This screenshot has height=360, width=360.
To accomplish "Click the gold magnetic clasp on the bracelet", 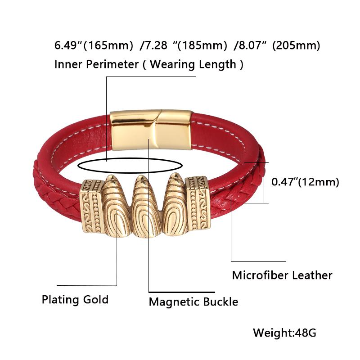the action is (152, 130).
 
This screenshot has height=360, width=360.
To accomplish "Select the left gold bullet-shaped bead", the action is (116, 206).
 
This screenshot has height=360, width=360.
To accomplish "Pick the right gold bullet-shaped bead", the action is (175, 204).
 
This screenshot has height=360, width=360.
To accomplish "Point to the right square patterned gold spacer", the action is (198, 203).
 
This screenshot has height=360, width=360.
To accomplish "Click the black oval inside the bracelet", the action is (130, 165).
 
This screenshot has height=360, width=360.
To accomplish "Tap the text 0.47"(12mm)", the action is (305, 182).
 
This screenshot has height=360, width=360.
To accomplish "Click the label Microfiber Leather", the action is (282, 275).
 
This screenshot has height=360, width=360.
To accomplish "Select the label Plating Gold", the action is (75, 300).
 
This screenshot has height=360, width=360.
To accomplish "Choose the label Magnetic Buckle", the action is (193, 301).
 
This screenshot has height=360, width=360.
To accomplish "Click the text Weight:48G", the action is (284, 333).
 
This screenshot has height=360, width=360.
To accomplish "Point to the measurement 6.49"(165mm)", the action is (94, 45).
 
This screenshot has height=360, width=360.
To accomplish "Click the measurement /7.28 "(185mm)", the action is (183, 45).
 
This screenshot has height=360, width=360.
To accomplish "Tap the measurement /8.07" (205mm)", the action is (277, 45).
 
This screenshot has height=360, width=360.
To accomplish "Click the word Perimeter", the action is (112, 64).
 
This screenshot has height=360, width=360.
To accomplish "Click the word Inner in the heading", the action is (68, 64).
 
